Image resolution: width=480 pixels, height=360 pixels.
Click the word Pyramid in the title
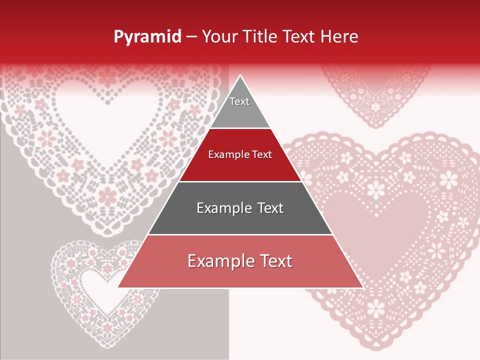(x=147, y=36)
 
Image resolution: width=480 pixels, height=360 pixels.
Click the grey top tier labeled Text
(x=240, y=107)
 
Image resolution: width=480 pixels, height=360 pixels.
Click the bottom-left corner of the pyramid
(x=119, y=287)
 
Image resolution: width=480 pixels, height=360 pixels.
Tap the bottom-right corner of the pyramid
(x=362, y=287)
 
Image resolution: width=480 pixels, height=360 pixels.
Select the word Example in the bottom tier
(x=219, y=261)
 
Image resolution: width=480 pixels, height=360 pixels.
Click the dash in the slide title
(x=191, y=36)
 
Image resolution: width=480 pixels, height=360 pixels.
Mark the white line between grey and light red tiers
(x=240, y=234)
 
